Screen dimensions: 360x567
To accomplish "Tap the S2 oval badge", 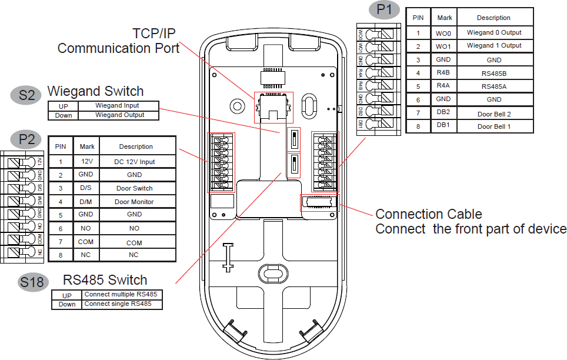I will point(27,96).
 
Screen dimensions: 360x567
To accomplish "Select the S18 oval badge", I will point(32,282).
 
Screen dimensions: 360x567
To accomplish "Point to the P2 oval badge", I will point(26,139).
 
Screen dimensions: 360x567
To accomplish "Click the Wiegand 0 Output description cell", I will point(494,33).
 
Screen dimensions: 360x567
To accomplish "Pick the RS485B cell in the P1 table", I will point(494,74).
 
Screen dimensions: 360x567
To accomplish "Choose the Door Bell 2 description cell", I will point(494,114).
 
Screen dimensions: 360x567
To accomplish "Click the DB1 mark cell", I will point(443,126).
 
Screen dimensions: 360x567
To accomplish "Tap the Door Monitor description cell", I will point(134,202).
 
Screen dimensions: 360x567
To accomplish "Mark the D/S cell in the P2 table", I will point(86,188).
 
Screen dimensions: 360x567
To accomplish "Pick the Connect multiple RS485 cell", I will point(122,294).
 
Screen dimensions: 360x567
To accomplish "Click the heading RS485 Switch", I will point(105,279).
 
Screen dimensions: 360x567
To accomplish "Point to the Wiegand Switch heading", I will point(95,91).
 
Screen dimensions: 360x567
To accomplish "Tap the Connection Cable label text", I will point(429,214).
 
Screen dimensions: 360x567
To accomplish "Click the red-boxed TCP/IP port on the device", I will point(273,107).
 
